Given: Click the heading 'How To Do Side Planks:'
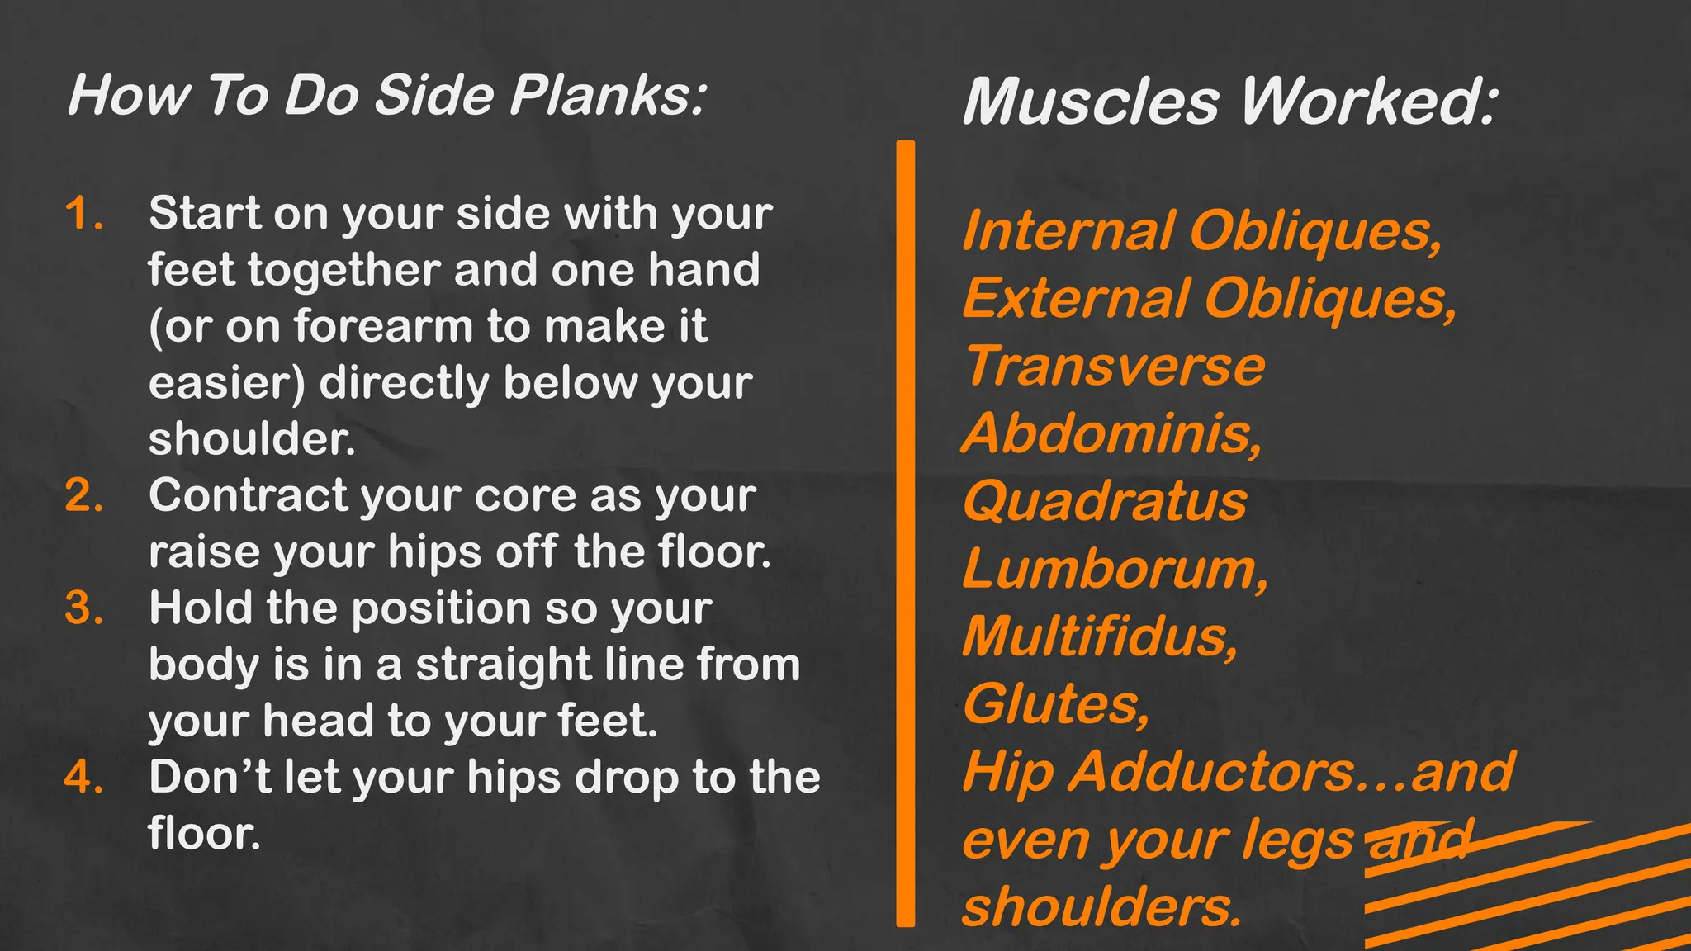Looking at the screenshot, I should pos(386,96).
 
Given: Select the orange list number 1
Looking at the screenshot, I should pos(84,214).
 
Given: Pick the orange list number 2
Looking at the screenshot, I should pos(84,496).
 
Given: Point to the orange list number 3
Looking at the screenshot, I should pos(84,609).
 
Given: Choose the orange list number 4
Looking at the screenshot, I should pos(84,778).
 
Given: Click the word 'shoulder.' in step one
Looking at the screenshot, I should pos(252,439).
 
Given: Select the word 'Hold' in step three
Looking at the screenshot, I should pos(200,609).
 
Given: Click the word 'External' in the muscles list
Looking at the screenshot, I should pos(1076,299).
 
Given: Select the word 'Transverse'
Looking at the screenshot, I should pos(1115,367).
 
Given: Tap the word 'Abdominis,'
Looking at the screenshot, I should pos(1112,434).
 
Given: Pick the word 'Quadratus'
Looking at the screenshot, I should pos(1105,502).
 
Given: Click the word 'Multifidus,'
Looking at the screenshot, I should pos(1100,637).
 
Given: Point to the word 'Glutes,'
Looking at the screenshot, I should pos(1055,705).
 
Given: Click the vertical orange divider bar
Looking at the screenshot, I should pos(906,533).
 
